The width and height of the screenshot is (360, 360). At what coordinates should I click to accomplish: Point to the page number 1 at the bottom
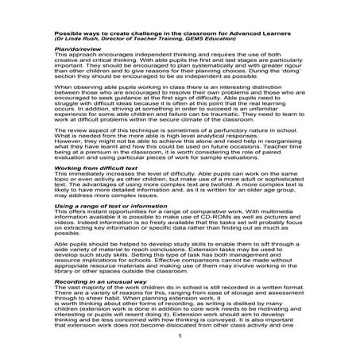(180, 336)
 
